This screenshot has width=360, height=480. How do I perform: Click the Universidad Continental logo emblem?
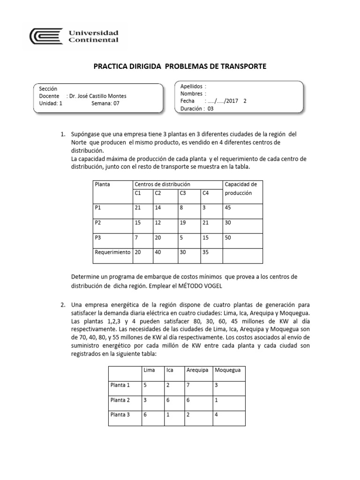pos(45,36)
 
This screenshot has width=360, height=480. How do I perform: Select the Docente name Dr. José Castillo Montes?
pos(97,96)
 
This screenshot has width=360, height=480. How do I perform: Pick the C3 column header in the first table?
pos(183,193)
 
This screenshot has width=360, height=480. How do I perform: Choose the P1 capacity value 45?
pos(228,208)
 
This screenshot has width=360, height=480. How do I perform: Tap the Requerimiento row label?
pos(112,252)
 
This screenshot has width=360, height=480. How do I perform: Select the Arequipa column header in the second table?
pos(197,370)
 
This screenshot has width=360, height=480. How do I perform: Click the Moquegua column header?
pos(227,370)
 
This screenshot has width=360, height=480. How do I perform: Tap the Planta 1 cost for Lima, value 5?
pos(145,385)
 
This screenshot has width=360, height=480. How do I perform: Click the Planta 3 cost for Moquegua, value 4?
pos(216,414)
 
